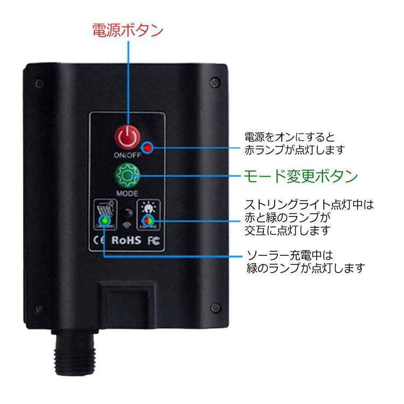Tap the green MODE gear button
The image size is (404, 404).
click(127, 176)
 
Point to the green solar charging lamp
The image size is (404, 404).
click(105, 220)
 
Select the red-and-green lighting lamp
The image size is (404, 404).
click(147, 220)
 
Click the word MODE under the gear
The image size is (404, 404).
click(127, 192)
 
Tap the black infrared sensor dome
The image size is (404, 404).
click(127, 212)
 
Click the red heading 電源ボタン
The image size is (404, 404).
click(128, 30)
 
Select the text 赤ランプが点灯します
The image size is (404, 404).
click(294, 149)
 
